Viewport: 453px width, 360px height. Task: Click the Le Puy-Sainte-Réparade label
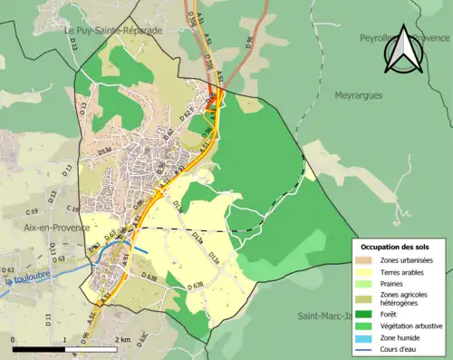pos(113,30)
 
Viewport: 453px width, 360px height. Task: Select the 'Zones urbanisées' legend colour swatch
pos(368,261)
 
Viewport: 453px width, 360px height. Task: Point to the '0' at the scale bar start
pos(14,340)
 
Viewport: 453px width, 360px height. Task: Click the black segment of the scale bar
pos(40,348)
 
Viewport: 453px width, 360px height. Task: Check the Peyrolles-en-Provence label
pos(404,38)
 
